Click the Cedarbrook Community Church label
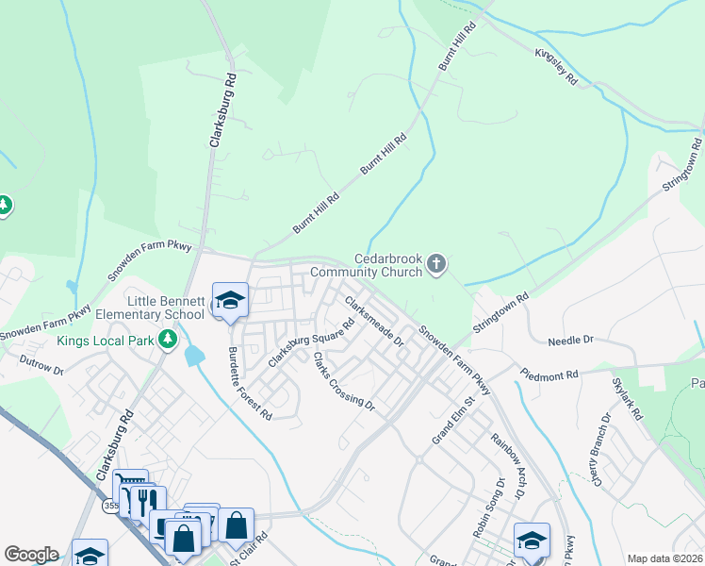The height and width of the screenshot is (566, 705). pyautogui.click(x=385, y=265)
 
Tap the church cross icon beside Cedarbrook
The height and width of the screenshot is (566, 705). pyautogui.click(x=435, y=265)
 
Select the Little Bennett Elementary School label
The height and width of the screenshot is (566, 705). pyautogui.click(x=158, y=307)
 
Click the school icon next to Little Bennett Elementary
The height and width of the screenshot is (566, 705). pyautogui.click(x=229, y=301)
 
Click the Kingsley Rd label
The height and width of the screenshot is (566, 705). pyautogui.click(x=556, y=68)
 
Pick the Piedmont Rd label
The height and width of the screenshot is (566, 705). pyautogui.click(x=548, y=375)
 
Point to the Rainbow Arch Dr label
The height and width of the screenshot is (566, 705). pyautogui.click(x=506, y=465)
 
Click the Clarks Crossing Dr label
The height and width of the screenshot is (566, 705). pyautogui.click(x=344, y=383)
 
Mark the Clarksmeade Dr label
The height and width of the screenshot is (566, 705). pyautogui.click(x=374, y=320)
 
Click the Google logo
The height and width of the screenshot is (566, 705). pyautogui.click(x=32, y=555)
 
